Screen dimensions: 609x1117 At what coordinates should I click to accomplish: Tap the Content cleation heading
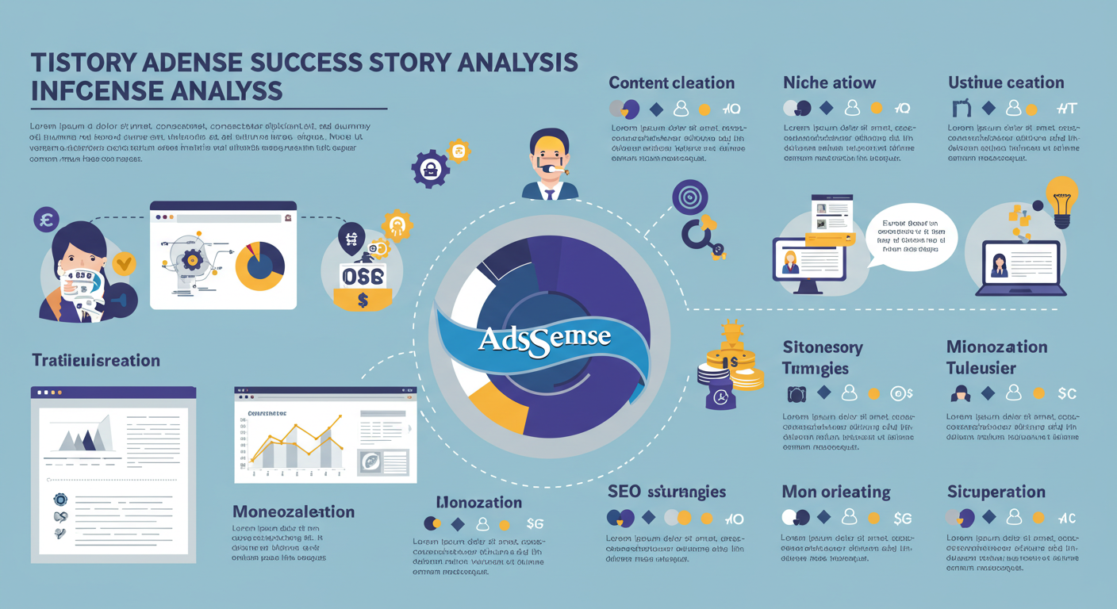(671, 82)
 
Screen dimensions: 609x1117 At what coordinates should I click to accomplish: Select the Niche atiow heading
(829, 82)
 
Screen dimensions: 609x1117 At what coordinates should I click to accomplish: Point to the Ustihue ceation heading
(1006, 82)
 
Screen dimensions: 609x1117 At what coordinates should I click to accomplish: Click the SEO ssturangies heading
(666, 492)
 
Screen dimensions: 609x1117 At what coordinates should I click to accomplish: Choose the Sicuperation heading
(996, 492)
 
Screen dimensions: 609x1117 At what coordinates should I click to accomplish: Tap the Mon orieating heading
(836, 492)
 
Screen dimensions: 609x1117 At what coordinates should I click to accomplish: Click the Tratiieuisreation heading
(96, 360)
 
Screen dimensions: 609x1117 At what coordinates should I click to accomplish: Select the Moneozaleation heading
(294, 511)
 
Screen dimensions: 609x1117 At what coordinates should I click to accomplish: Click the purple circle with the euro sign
(46, 219)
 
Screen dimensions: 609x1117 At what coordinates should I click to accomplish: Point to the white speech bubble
(912, 236)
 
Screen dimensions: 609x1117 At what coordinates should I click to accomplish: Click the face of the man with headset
(549, 155)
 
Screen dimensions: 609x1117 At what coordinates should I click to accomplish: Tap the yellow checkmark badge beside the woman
(123, 262)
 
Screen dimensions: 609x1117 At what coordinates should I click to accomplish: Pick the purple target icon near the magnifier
(689, 196)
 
